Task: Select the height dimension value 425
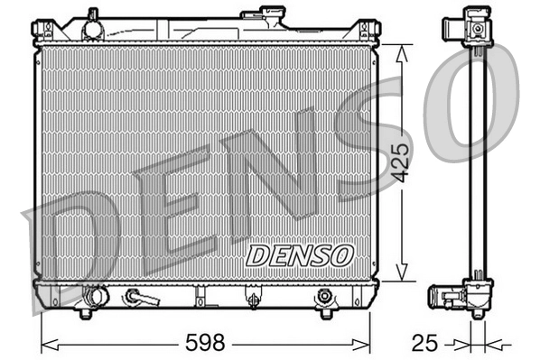403,162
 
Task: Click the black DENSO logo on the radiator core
299,255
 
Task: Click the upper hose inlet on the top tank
91,27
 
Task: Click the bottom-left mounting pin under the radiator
85,313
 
